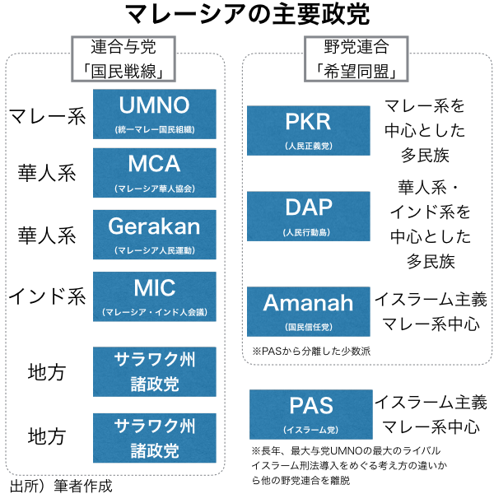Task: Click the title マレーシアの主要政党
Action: point(247,14)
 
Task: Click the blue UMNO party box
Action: point(155,114)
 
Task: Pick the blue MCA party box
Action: point(155,172)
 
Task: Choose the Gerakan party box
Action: point(155,234)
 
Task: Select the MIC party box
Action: point(155,296)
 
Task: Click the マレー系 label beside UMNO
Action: point(47,115)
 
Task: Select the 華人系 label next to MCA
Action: point(47,173)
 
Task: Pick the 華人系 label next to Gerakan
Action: point(47,235)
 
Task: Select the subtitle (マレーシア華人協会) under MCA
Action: point(155,189)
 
